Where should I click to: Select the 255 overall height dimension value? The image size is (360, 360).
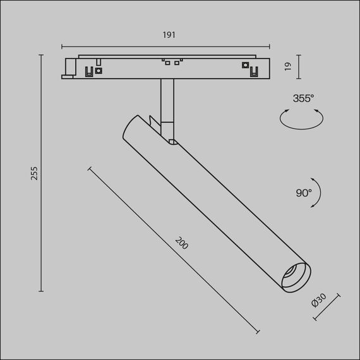[34, 173]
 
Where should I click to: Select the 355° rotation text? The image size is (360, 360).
[303, 98]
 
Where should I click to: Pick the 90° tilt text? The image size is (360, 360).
[304, 193]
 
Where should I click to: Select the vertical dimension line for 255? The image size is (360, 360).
[42, 173]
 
